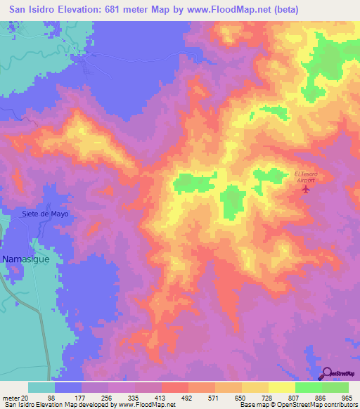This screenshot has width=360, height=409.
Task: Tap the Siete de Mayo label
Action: click(x=46, y=214)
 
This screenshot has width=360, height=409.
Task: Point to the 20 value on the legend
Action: click(x=29, y=398)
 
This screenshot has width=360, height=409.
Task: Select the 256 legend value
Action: click(x=108, y=398)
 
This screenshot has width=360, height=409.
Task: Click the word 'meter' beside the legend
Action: click(x=12, y=398)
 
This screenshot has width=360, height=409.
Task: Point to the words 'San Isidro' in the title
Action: click(x=30, y=9)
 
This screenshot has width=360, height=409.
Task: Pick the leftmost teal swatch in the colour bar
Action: click(x=41, y=387)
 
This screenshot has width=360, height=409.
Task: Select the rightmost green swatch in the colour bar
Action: click(x=335, y=387)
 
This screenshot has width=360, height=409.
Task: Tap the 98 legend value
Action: click(x=56, y=398)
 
